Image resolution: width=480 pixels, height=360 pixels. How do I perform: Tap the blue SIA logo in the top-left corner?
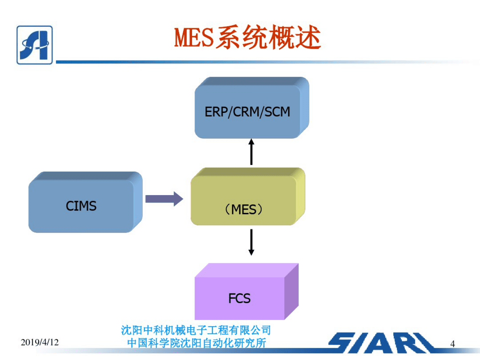(x=34, y=45)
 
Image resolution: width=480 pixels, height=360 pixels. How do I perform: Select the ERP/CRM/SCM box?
(x=247, y=112)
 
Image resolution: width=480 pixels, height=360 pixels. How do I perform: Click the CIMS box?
(x=81, y=206)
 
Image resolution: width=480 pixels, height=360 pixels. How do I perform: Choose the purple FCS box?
(x=240, y=298)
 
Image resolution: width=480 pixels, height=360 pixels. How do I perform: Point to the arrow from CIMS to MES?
(x=164, y=199)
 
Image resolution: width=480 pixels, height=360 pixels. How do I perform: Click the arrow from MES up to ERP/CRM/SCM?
(x=251, y=152)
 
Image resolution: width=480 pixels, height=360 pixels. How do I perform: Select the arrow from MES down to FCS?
(x=251, y=242)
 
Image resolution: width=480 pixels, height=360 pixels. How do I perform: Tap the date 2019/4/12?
(x=40, y=343)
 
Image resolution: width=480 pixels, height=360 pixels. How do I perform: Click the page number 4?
(x=453, y=344)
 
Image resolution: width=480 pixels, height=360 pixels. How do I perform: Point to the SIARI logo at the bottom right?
(x=381, y=343)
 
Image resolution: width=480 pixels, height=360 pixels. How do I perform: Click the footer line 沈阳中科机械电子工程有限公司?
(x=196, y=331)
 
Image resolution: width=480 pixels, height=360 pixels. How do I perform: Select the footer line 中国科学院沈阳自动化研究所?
(x=196, y=343)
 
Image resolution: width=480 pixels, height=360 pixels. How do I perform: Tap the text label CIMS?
(x=81, y=206)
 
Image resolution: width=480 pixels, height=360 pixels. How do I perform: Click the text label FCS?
(x=240, y=298)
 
